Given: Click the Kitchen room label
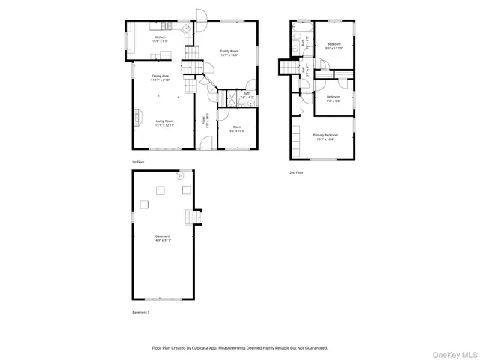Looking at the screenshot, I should click(x=160, y=38).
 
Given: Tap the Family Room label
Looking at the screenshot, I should click(x=229, y=52).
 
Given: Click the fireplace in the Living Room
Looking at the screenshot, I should click(x=138, y=117).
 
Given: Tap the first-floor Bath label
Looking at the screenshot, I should click(x=247, y=95).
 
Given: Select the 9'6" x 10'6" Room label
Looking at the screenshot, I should click(x=237, y=129).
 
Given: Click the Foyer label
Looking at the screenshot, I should click(x=205, y=120).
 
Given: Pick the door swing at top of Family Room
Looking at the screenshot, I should click(x=200, y=14).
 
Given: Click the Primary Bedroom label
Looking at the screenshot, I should click(x=325, y=137).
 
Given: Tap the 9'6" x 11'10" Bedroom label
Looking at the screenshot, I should click(x=334, y=46).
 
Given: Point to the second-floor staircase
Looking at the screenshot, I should click(x=289, y=68).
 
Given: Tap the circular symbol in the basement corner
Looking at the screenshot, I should click(x=180, y=176).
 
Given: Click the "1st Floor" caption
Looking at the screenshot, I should click(x=137, y=162).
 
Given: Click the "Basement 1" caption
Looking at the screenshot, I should click(x=141, y=311).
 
